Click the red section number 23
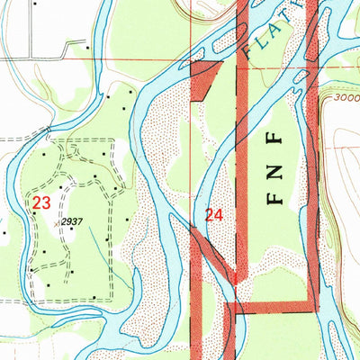coord(40,203)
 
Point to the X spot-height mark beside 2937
coord(59,220)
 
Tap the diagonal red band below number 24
coord(216,256)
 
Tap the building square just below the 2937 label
coord(72,229)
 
